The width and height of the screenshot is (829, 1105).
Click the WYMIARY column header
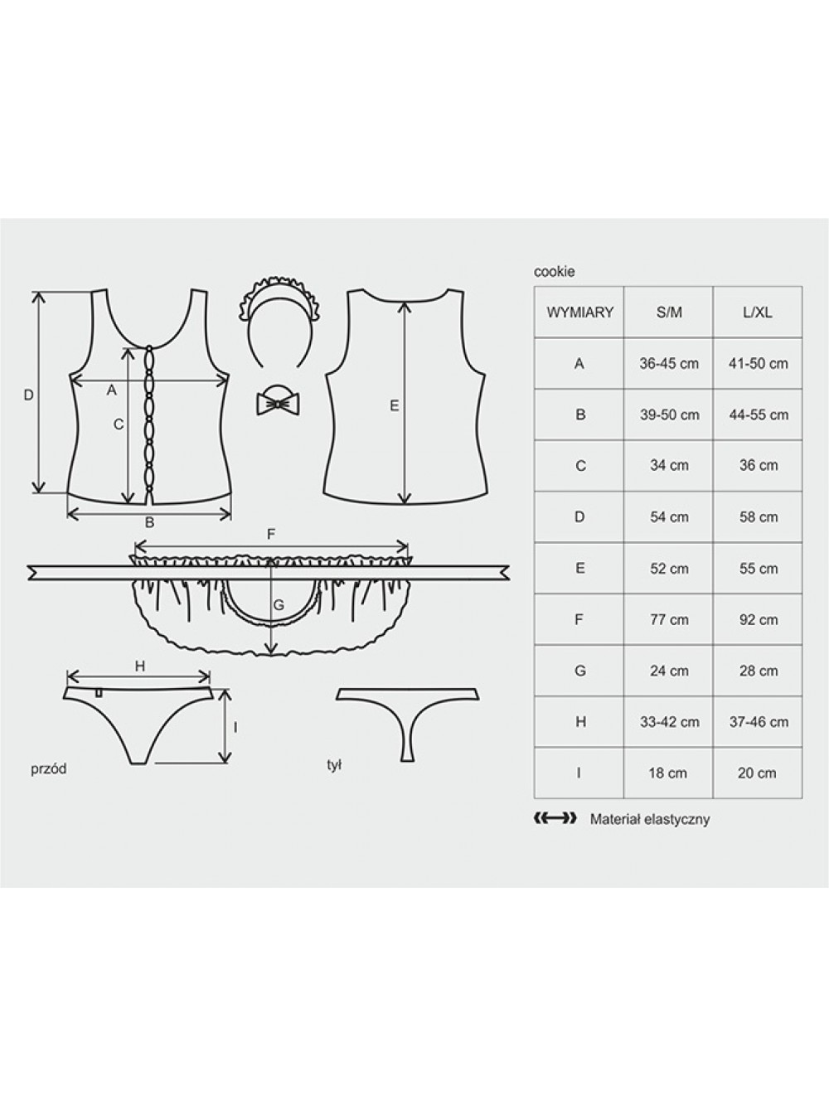579,313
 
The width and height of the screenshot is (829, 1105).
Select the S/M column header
669,313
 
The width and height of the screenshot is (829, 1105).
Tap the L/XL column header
758,313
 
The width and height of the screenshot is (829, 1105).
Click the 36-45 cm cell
669,363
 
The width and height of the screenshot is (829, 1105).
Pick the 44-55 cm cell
759,414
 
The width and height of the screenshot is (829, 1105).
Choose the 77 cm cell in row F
669,619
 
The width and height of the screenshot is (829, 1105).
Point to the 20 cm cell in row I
757,773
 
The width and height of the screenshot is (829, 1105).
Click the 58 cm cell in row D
759,517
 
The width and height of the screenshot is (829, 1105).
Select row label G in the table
579,671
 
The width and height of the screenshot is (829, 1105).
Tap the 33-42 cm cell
670,722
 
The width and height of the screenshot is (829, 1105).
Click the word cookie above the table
554,272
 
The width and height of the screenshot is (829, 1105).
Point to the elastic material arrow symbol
555,818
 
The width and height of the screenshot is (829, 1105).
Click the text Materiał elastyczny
650,820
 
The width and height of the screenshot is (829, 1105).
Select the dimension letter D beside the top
29,395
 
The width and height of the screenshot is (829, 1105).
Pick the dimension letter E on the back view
394,405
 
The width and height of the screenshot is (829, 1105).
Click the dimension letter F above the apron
271,535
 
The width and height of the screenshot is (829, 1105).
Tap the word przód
49,769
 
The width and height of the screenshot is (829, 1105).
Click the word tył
334,766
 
